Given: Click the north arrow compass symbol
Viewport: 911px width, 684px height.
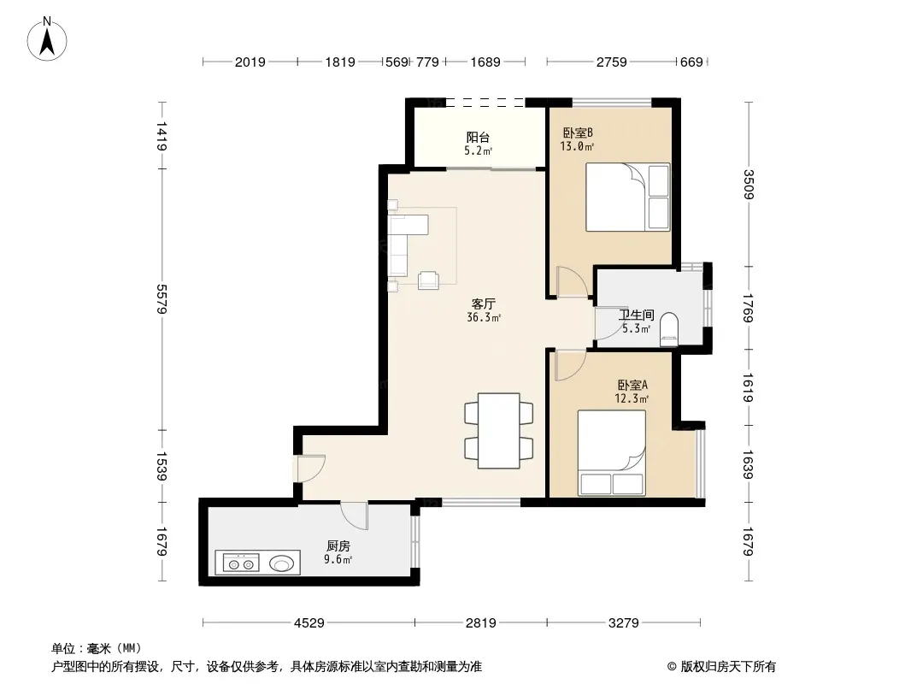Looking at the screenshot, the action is tap(47, 39).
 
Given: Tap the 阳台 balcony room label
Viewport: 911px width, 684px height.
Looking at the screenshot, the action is tap(478, 138).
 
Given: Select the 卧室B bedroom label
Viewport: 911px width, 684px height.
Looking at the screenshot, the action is tap(578, 133).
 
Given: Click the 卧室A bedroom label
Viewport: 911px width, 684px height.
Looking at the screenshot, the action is tap(632, 386).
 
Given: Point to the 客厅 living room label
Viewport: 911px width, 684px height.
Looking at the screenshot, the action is tap(484, 304).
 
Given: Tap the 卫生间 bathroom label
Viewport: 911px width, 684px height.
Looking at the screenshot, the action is tap(636, 315).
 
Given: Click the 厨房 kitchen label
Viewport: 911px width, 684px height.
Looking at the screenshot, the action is tap(338, 546).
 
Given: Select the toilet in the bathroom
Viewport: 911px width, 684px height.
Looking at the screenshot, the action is tap(669, 329).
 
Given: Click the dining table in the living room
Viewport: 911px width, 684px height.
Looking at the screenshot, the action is tap(498, 431).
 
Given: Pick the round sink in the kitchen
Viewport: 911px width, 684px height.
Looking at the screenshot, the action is tap(282, 563).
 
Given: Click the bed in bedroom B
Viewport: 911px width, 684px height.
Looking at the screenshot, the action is tap(627, 197).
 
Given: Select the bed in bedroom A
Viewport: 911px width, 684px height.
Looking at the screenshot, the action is tap(612, 453).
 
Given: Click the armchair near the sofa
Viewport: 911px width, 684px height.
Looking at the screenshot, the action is tap(429, 280).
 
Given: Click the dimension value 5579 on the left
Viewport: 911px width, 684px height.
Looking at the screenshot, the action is tap(162, 299).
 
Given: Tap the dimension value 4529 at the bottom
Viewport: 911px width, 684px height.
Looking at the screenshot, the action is tap(309, 623).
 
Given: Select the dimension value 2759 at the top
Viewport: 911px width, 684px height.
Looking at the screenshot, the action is tap(612, 62).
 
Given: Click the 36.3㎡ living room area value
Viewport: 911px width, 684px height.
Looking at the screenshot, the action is tap(484, 317).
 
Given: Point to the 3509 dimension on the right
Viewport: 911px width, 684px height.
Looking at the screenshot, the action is tap(749, 184).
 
